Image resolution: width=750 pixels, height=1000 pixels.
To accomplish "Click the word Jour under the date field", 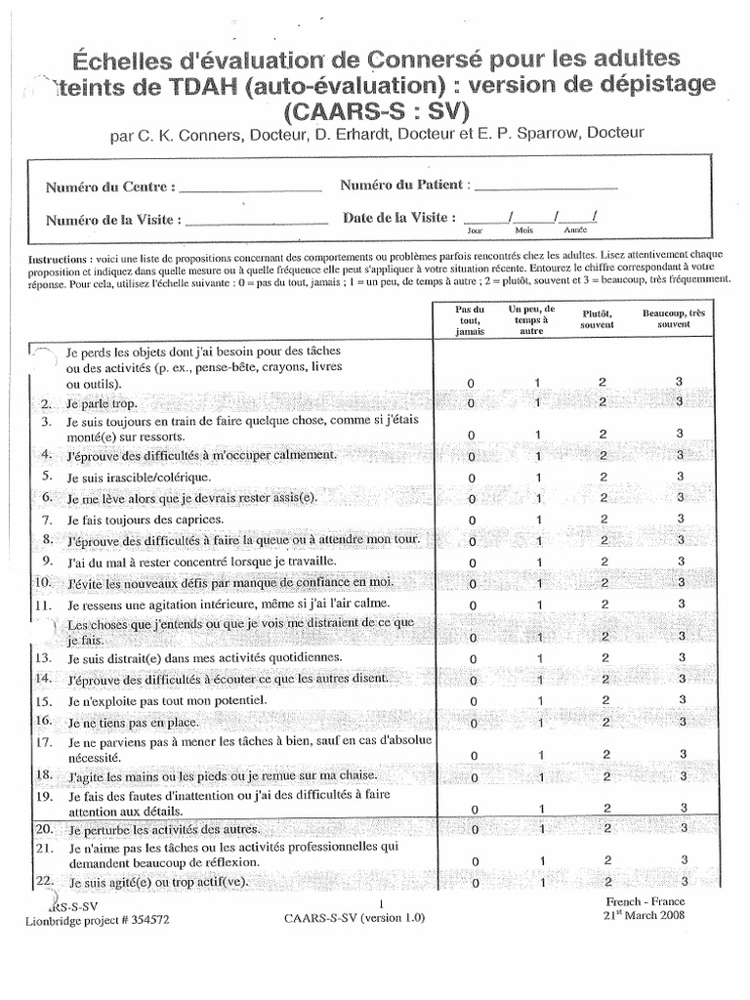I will coord(476,231).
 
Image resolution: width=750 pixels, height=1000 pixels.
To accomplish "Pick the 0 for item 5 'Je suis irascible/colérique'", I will coord(471,479).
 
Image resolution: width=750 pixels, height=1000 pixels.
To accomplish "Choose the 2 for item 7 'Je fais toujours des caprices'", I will coord(603,521).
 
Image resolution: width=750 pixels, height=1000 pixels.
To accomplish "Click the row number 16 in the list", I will coord(45,722).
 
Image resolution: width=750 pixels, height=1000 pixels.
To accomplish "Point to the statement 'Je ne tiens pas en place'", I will coord(133,723).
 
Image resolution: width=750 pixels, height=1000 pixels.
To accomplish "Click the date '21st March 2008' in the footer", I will coord(646,916).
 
